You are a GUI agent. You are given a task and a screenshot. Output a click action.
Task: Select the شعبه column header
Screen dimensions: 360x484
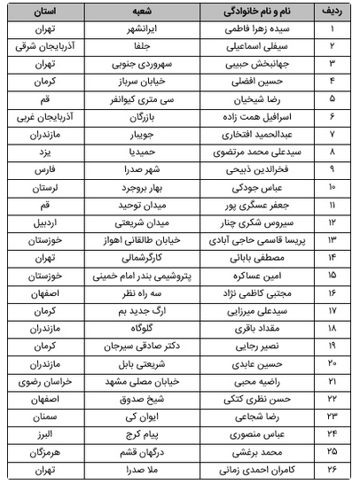pos(131,12)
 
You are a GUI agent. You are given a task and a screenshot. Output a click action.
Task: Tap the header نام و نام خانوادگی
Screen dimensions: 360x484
pos(246,12)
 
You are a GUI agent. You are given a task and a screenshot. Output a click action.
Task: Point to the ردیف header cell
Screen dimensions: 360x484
pos(332,12)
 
